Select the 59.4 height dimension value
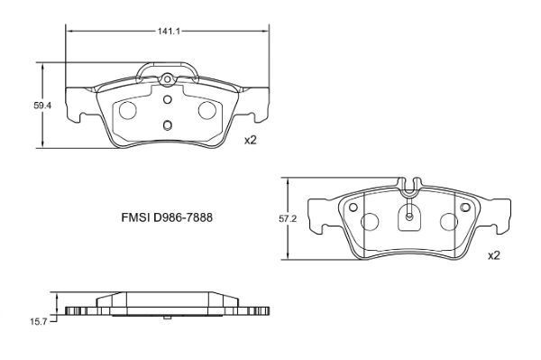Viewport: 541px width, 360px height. (x=41, y=106)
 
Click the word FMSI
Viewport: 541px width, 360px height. (x=136, y=218)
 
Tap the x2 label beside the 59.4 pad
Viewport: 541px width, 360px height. (x=251, y=140)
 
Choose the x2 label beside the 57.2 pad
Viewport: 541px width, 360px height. (x=493, y=256)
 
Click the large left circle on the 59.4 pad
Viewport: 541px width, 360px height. (x=128, y=110)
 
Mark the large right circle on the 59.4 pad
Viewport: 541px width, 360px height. (x=206, y=110)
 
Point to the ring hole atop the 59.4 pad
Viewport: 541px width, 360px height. (x=167, y=81)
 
